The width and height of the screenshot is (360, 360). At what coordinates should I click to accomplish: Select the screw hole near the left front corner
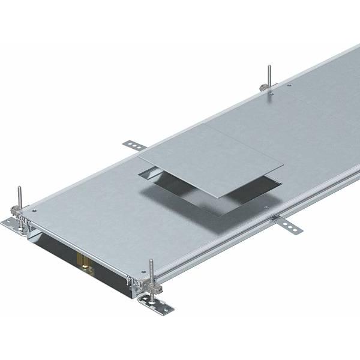tap(34, 211)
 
